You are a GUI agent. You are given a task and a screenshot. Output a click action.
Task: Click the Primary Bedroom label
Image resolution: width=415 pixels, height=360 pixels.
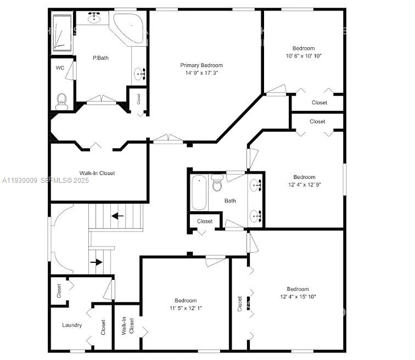click(x=201, y=65)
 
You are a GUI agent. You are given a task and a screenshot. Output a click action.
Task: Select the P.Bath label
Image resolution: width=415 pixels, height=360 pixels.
click(x=99, y=58)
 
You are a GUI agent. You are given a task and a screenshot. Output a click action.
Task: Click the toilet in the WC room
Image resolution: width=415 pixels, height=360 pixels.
click(x=61, y=100)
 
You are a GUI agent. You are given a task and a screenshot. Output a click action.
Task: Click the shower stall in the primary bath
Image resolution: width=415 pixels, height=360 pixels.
click(x=63, y=34)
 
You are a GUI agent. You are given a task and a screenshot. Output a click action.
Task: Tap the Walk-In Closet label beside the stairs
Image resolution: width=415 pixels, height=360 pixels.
click(x=97, y=173)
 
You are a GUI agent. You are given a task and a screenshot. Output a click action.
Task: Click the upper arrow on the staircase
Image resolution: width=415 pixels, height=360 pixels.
click(x=117, y=216)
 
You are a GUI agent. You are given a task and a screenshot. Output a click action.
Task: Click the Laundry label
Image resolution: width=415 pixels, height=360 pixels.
click(x=72, y=325)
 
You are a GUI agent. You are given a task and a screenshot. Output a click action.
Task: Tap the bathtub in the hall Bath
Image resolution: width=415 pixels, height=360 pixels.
click(x=199, y=192)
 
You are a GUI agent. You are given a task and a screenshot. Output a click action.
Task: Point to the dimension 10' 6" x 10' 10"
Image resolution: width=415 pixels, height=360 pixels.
click(x=304, y=56)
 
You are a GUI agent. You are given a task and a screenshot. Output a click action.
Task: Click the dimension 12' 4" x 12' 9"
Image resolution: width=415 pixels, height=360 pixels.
click(x=304, y=184)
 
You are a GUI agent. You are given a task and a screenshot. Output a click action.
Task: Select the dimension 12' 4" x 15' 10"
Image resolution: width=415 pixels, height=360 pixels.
click(x=298, y=297)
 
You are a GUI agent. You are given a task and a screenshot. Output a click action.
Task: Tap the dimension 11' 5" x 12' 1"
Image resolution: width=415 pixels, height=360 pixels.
click(x=186, y=308)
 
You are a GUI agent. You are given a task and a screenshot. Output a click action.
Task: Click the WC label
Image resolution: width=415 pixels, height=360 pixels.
click(x=60, y=68)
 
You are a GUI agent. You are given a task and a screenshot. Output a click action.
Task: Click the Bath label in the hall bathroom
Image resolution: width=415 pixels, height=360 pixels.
click(x=230, y=201)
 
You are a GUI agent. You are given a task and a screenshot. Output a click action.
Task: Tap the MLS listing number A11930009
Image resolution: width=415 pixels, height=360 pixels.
click(x=19, y=180)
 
